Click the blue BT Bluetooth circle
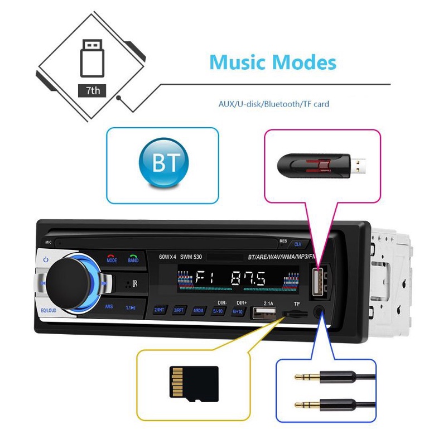163,163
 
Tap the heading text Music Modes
273,62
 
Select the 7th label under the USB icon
92,89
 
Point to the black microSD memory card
193,384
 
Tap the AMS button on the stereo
110,307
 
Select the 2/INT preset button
160,310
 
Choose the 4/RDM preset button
199,310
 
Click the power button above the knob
46,260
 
